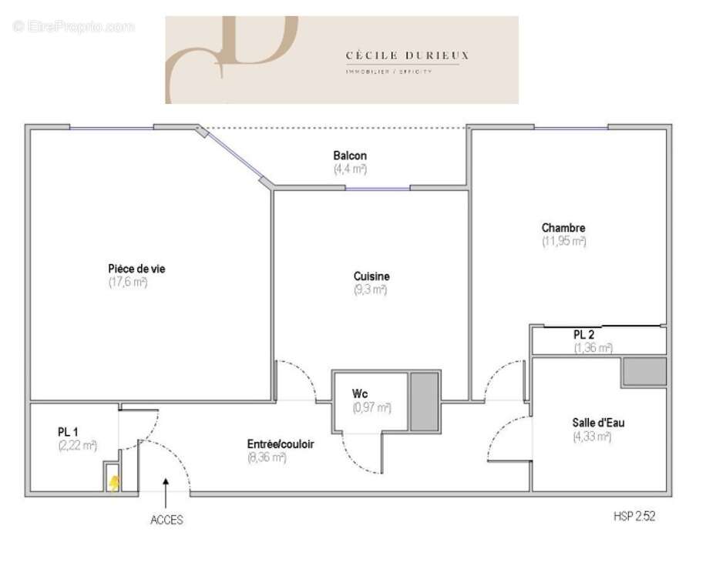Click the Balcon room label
pyautogui.click(x=350, y=156)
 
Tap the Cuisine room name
pyautogui.click(x=371, y=276)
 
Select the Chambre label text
pyautogui.click(x=563, y=228)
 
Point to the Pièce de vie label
pyautogui.click(x=136, y=269)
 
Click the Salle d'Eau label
pyautogui.click(x=593, y=422)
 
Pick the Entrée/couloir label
pyautogui.click(x=280, y=444)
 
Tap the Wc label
pyautogui.click(x=361, y=394)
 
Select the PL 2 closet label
pyautogui.click(x=583, y=335)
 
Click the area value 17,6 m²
pyautogui.click(x=128, y=283)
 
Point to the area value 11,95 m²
pyautogui.click(x=563, y=241)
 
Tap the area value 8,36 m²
pyautogui.click(x=267, y=457)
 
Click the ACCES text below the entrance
pyautogui.click(x=166, y=520)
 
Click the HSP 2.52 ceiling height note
pyautogui.click(x=634, y=517)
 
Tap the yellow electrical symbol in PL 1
pyautogui.click(x=113, y=482)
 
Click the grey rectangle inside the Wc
pyautogui.click(x=423, y=401)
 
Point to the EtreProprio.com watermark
pyautogui.click(x=74, y=26)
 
